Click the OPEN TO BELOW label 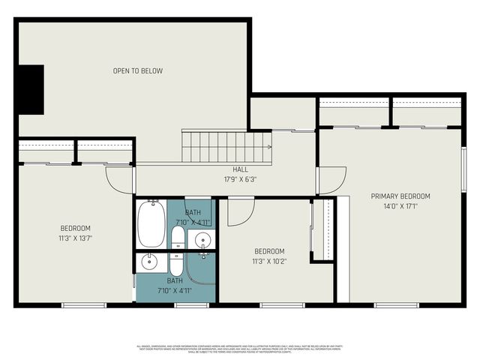pos(137,71)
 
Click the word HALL pos(240,169)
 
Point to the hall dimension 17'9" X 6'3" pos(240,179)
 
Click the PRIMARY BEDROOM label pos(400,196)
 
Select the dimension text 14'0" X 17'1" pos(400,206)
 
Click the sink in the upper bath pos(202,240)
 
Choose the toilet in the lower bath pos(177,265)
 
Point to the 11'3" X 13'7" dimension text pos(75,238)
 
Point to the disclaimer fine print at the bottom pos(240,349)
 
